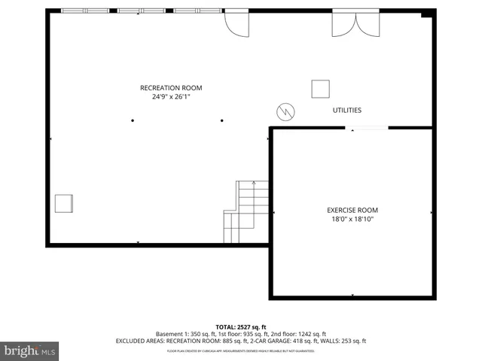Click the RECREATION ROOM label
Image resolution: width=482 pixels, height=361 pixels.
coord(171,88)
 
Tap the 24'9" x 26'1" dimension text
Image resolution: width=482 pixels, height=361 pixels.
coord(171,97)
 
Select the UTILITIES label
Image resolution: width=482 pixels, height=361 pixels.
coord(347,111)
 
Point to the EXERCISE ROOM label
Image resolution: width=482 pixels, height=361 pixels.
coord(352,210)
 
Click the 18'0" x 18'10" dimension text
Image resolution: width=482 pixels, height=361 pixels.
coord(352,220)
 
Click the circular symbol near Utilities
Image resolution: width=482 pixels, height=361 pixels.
coord(285,111)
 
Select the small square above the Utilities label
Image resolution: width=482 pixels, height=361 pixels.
coord(321,89)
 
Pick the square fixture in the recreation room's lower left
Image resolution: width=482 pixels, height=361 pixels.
coord(64,204)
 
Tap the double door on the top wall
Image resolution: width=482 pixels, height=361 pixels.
coord(356,23)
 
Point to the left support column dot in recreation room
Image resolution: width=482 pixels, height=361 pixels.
coord(133,120)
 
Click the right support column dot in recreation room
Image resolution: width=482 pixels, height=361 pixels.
coord(222,120)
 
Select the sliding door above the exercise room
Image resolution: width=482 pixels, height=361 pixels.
coord(367,129)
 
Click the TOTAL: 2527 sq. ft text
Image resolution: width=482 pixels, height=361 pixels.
coord(241,326)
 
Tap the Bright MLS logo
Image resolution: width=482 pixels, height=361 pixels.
coord(29,350)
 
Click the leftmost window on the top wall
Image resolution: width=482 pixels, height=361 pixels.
coord(74,11)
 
